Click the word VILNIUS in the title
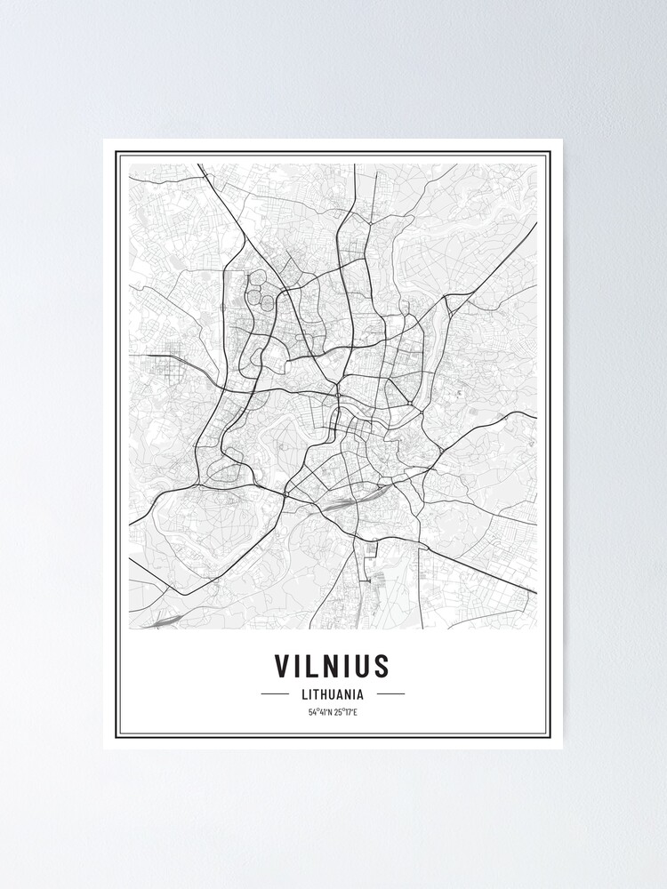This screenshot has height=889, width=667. pyautogui.click(x=333, y=665)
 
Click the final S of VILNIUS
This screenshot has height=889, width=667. pyautogui.click(x=382, y=665)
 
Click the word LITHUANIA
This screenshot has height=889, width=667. pyautogui.click(x=333, y=694)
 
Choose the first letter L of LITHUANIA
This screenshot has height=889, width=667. pyautogui.click(x=303, y=694)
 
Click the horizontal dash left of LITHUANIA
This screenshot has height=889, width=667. pyautogui.click(x=275, y=694)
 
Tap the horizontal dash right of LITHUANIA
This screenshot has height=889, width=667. pyautogui.click(x=390, y=694)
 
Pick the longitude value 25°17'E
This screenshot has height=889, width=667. pyautogui.click(x=346, y=712)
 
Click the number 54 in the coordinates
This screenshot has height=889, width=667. pyautogui.click(x=312, y=712)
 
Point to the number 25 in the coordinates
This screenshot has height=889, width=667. pyautogui.click(x=339, y=712)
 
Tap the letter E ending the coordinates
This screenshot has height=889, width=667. pyautogui.click(x=355, y=712)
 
